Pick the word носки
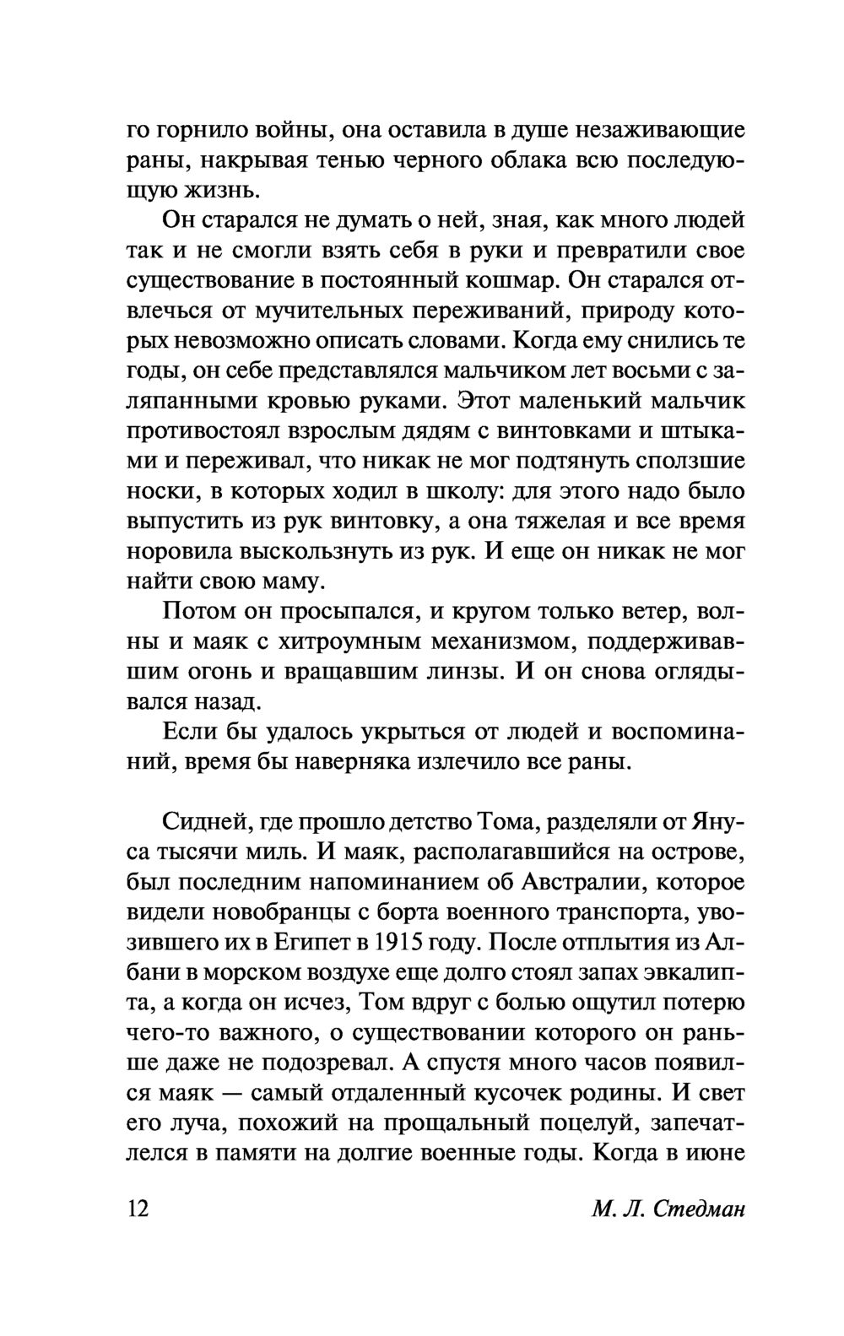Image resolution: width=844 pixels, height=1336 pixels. click(x=157, y=493)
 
